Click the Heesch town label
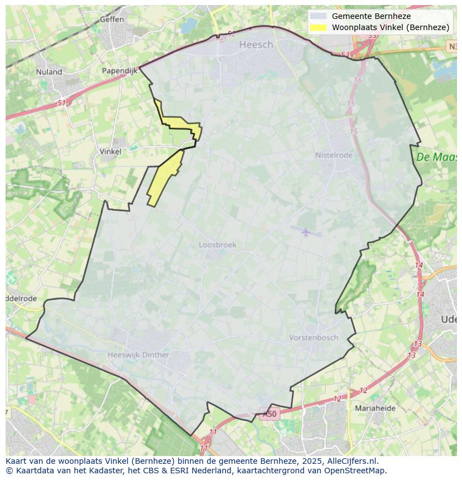pos(256,45)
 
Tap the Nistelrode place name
pos(334,155)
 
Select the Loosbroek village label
pos(218,245)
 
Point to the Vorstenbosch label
pos(314,337)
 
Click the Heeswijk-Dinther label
pos(138,355)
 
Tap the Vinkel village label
pos(110,151)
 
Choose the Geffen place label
pos(112,19)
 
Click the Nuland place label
pos(49,71)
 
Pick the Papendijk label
pos(119,71)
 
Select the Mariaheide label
pos(375,408)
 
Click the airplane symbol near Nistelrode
pos(305,231)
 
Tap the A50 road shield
pos(269,414)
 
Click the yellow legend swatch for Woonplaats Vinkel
pos(319,27)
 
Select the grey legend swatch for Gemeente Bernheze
pos(319,16)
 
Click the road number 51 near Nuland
pos(61,103)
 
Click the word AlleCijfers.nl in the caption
pos(353,461)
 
